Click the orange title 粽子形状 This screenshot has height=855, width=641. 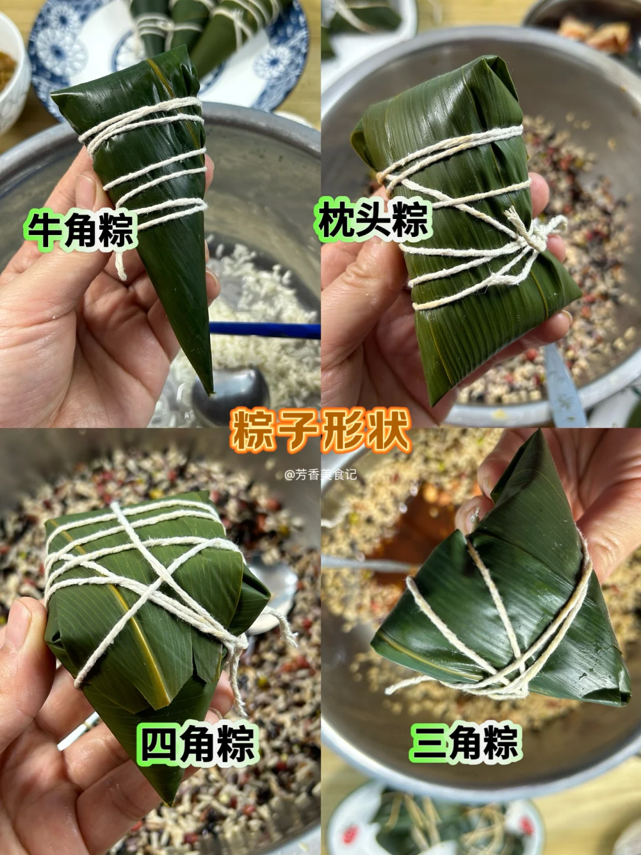click(320, 432)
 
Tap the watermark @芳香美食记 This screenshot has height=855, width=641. click(320, 475)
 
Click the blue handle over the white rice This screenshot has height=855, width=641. click(265, 330)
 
